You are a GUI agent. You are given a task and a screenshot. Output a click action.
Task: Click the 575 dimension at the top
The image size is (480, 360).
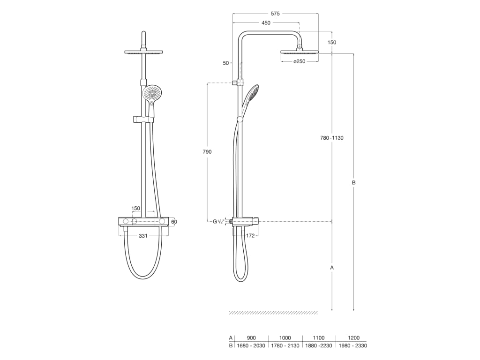[x=275, y=14]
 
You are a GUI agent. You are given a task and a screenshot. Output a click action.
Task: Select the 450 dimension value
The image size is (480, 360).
[x=266, y=23]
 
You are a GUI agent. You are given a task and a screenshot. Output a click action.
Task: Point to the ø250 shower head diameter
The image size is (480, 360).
[x=300, y=62]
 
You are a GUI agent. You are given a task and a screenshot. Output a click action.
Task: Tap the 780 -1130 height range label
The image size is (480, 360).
[x=331, y=138]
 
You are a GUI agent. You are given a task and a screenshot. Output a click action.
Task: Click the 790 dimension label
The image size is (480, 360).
[x=207, y=152]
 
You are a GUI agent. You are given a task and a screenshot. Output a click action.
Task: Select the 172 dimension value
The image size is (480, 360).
[x=250, y=236]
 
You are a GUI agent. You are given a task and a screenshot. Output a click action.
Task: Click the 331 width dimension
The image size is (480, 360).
[x=143, y=236]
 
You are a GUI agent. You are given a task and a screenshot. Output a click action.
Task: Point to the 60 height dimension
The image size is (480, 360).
[x=174, y=222]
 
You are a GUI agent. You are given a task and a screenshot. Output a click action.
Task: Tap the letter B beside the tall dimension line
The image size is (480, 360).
[x=354, y=183]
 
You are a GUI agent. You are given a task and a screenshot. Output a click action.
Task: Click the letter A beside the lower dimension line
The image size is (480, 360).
[x=332, y=268]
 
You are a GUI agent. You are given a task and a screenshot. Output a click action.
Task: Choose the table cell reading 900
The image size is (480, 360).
[x=251, y=337]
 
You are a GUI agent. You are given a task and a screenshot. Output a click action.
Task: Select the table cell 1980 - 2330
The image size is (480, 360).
[x=352, y=346]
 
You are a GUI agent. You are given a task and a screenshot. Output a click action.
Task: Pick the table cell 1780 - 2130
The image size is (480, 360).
[x=285, y=346]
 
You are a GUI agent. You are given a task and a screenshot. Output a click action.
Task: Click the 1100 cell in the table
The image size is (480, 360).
[x=319, y=337]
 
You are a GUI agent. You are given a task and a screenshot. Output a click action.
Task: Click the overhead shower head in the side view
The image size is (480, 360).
[x=300, y=52]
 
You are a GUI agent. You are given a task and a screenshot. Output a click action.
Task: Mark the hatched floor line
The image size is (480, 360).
[x=273, y=313]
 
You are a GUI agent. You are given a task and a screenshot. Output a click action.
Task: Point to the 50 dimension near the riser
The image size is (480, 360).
[x=226, y=63]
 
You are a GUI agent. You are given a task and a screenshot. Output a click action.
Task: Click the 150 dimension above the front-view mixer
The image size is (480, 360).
[x=136, y=208]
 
